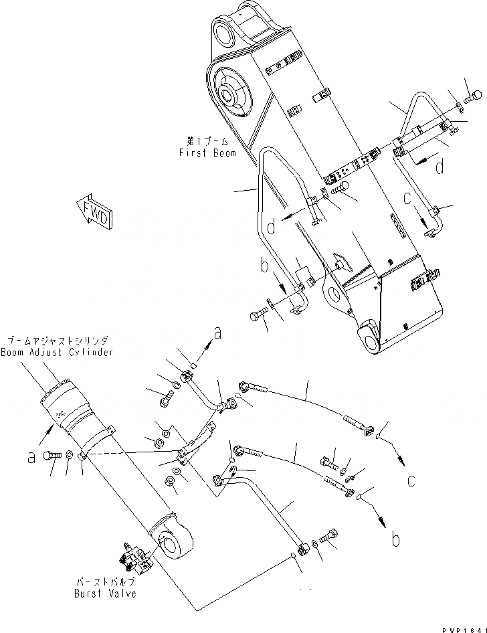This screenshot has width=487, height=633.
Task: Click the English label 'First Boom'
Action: point(207,153)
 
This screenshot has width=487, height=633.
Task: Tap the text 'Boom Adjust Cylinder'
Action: point(57,352)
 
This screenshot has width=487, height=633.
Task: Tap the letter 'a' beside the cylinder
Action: point(31,458)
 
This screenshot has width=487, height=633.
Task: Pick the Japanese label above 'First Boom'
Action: point(207,142)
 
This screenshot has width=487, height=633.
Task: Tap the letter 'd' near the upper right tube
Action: point(439,167)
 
